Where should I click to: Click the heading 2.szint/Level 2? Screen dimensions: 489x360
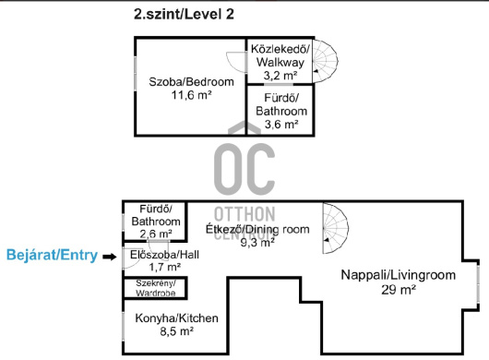point(184,15)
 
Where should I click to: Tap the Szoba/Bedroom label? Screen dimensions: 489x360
point(191,82)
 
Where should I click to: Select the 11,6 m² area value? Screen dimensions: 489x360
point(192,95)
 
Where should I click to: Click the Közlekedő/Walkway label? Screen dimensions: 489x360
point(280,55)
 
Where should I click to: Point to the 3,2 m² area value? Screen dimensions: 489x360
point(280,75)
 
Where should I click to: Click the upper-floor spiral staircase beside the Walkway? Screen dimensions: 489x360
point(325,61)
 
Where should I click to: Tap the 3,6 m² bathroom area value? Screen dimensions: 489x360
point(281,125)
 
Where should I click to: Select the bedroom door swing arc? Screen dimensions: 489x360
point(236,63)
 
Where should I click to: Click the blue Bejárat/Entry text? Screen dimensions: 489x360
point(52,255)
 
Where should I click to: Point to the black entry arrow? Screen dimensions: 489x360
point(110,257)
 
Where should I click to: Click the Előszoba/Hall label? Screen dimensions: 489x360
point(164,255)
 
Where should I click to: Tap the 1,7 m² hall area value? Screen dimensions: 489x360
point(164,267)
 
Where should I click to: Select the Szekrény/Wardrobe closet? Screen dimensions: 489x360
point(155,288)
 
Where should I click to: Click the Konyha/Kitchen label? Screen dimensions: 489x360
point(176,318)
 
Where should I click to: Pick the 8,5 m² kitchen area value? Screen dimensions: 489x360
point(176,331)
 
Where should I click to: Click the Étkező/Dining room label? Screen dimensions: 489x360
point(257,229)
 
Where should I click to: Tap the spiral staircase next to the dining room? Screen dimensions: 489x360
point(335,228)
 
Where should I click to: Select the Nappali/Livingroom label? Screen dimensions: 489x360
point(399,275)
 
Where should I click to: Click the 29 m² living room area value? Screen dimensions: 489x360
point(399,290)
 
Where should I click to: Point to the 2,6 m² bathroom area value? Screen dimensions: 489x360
point(156,234)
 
